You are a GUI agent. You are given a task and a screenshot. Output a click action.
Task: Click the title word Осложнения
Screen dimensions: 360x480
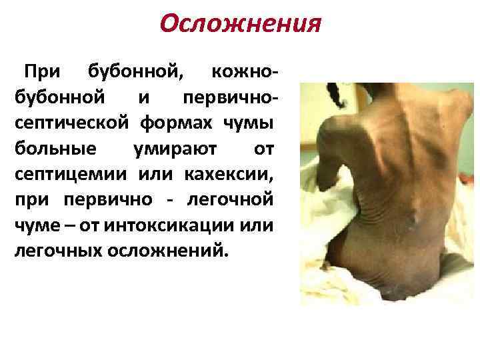pyautogui.click(x=241, y=25)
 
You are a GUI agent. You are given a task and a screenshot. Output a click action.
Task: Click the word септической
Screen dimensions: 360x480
pyautogui.click(x=71, y=123)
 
